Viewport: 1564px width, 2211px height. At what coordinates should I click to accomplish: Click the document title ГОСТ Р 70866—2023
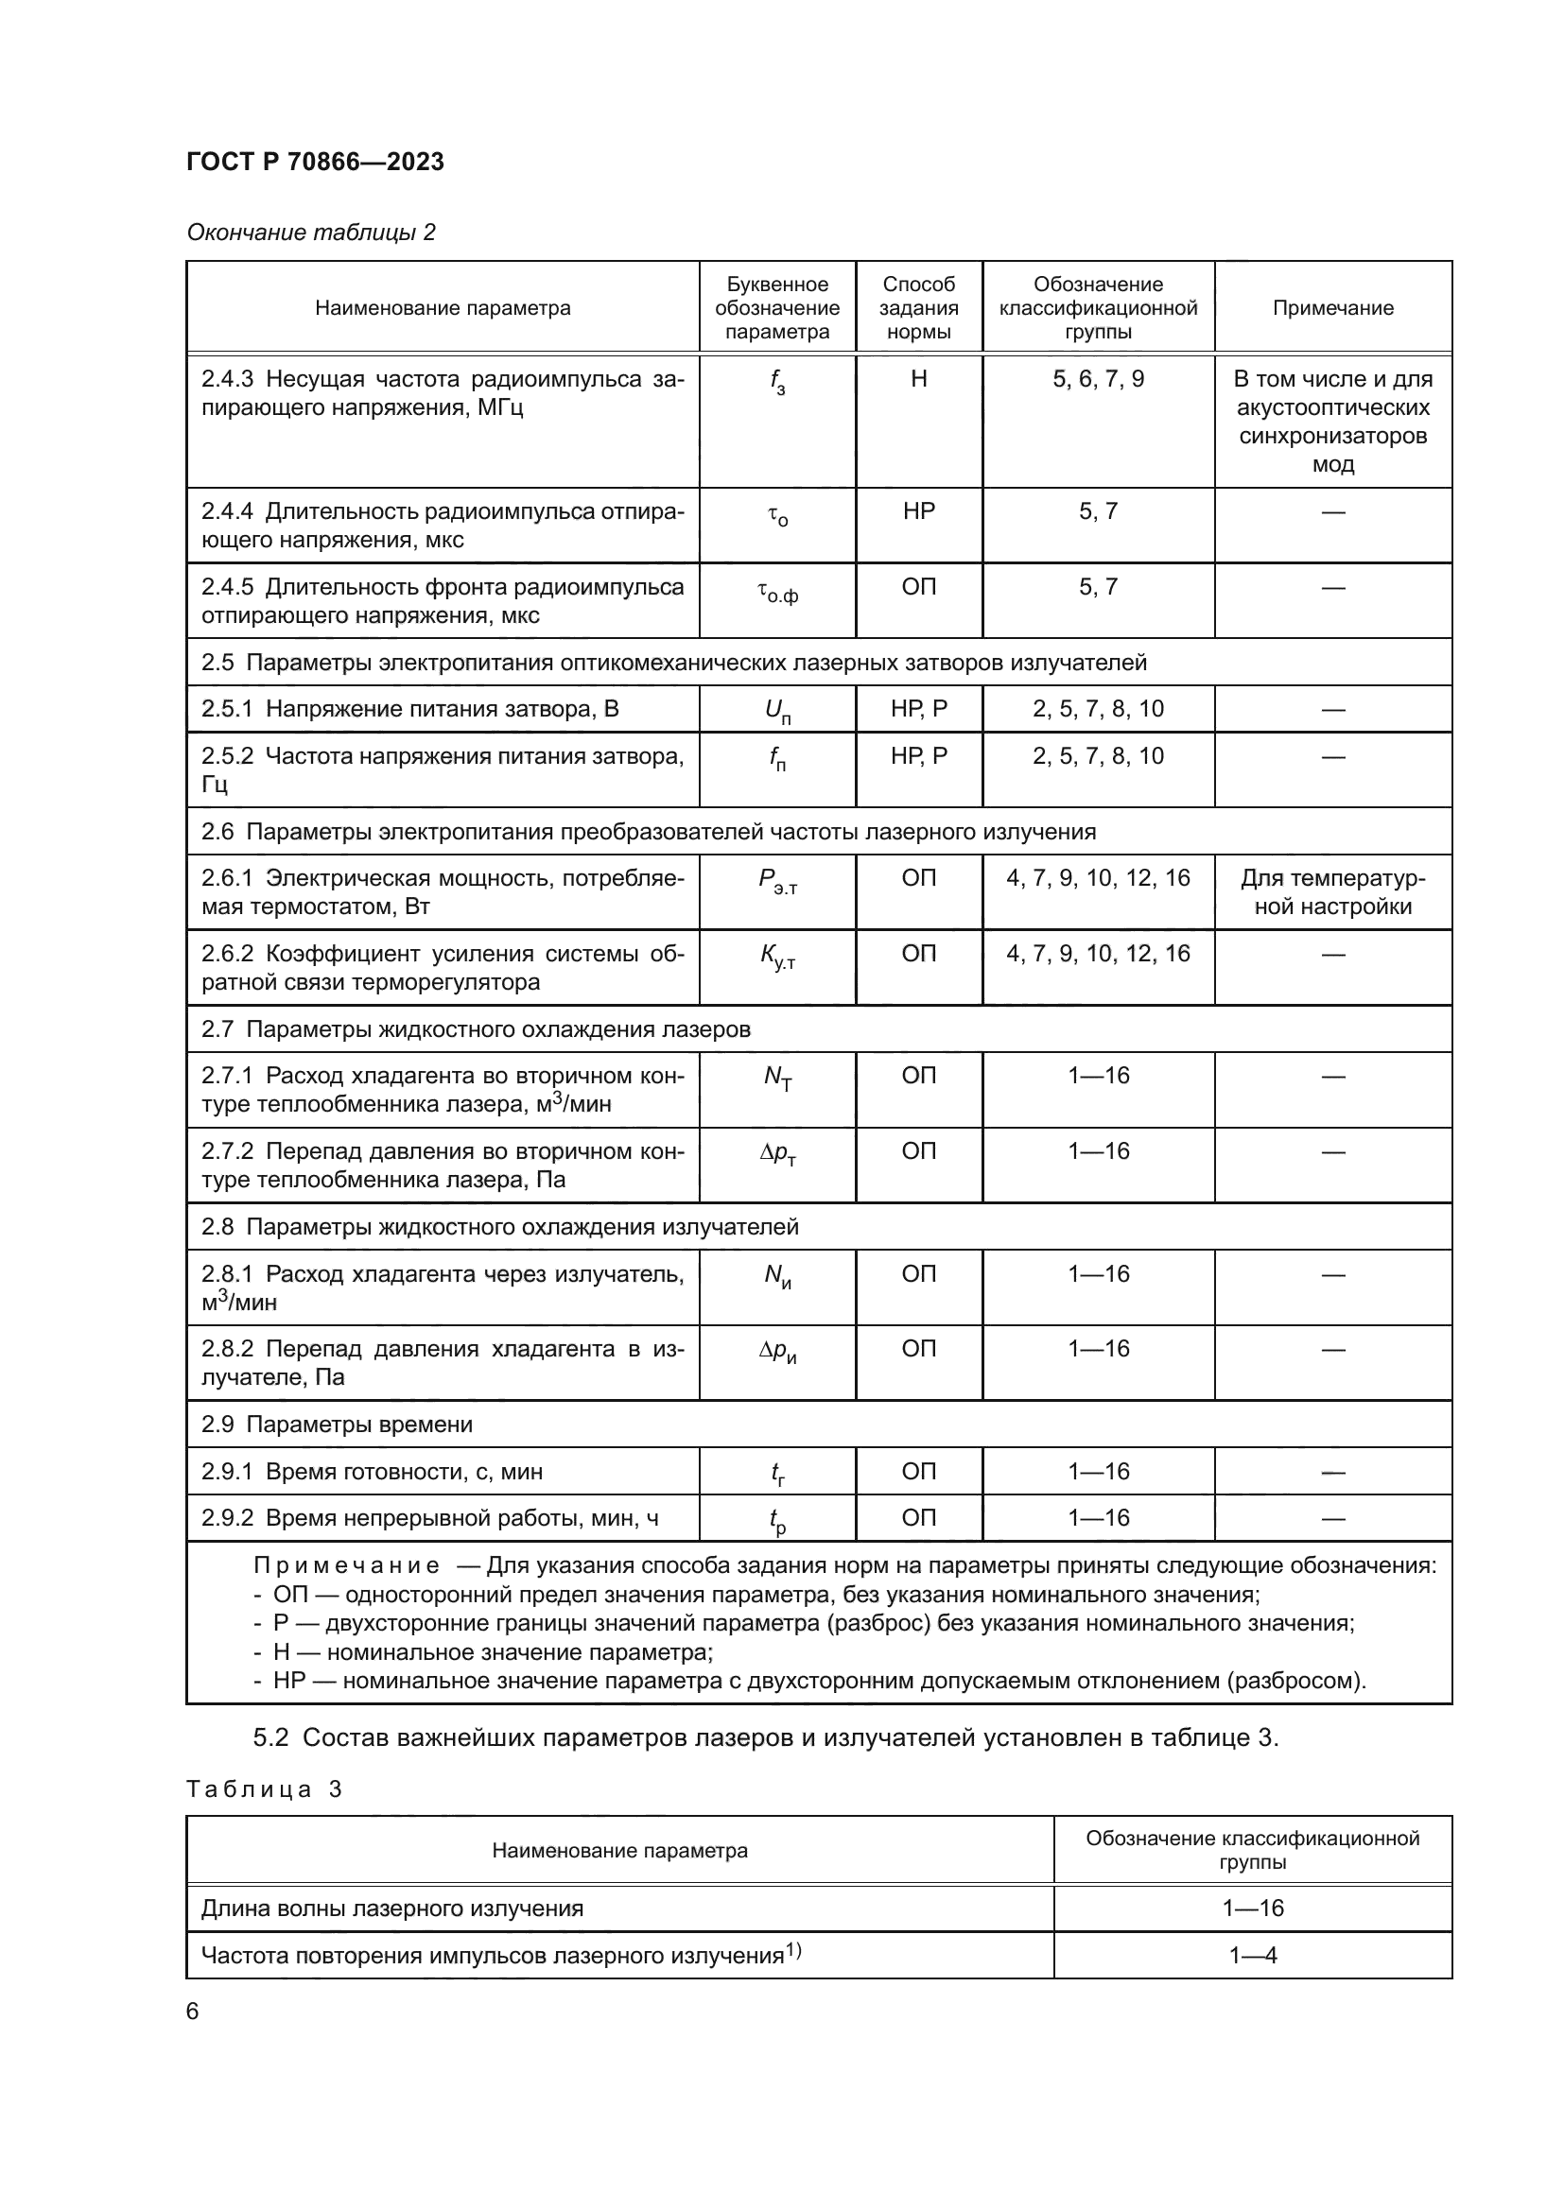(x=315, y=162)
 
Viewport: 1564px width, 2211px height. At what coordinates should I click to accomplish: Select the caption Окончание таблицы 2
(x=310, y=233)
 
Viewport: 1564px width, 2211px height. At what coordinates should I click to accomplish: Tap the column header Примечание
(x=1333, y=308)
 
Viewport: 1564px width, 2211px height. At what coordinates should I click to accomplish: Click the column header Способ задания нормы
(x=919, y=308)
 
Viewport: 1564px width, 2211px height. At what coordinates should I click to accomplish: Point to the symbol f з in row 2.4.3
(x=777, y=382)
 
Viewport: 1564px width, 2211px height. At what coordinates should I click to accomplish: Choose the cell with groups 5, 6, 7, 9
(x=1098, y=379)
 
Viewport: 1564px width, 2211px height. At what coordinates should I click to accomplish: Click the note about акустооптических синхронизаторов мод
(x=1333, y=422)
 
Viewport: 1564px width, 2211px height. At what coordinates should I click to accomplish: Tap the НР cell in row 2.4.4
(x=919, y=511)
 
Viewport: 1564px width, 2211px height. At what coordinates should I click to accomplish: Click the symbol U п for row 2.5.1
(x=777, y=712)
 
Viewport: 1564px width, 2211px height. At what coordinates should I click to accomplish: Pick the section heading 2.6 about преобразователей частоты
(x=648, y=831)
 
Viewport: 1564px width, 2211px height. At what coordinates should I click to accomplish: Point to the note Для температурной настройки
(x=1333, y=891)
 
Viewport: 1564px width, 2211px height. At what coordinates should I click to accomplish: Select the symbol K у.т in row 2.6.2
(x=777, y=957)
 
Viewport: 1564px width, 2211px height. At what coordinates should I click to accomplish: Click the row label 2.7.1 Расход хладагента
(x=442, y=1090)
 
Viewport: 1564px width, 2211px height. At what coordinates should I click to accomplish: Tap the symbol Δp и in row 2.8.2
(x=777, y=1352)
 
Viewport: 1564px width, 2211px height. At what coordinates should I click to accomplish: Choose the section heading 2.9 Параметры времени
(x=337, y=1425)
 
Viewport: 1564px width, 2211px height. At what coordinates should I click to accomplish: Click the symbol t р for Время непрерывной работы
(x=777, y=1521)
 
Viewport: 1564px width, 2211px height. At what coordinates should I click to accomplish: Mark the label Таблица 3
(x=264, y=1789)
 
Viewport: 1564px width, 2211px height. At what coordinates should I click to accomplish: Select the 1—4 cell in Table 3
(x=1252, y=1956)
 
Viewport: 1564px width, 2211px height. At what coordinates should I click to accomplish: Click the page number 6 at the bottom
(x=193, y=2012)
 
